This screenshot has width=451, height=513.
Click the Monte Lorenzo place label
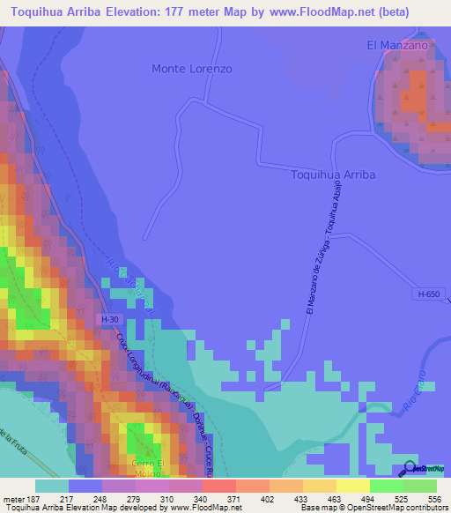click(192, 69)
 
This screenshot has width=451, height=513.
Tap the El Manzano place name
click(397, 45)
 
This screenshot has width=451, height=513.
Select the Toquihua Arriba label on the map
click(333, 175)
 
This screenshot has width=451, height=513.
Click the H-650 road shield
click(428, 294)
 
